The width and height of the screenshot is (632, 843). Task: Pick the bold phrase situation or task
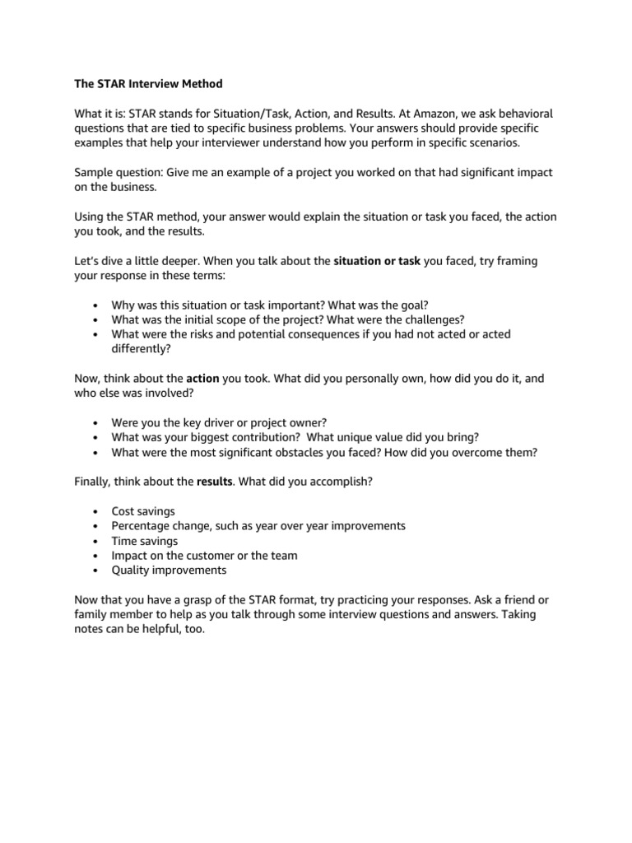tap(377, 262)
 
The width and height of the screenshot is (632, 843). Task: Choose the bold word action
tap(202, 378)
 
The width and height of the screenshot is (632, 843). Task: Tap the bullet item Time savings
tap(144, 541)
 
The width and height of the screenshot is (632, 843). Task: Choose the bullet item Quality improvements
tap(169, 570)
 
